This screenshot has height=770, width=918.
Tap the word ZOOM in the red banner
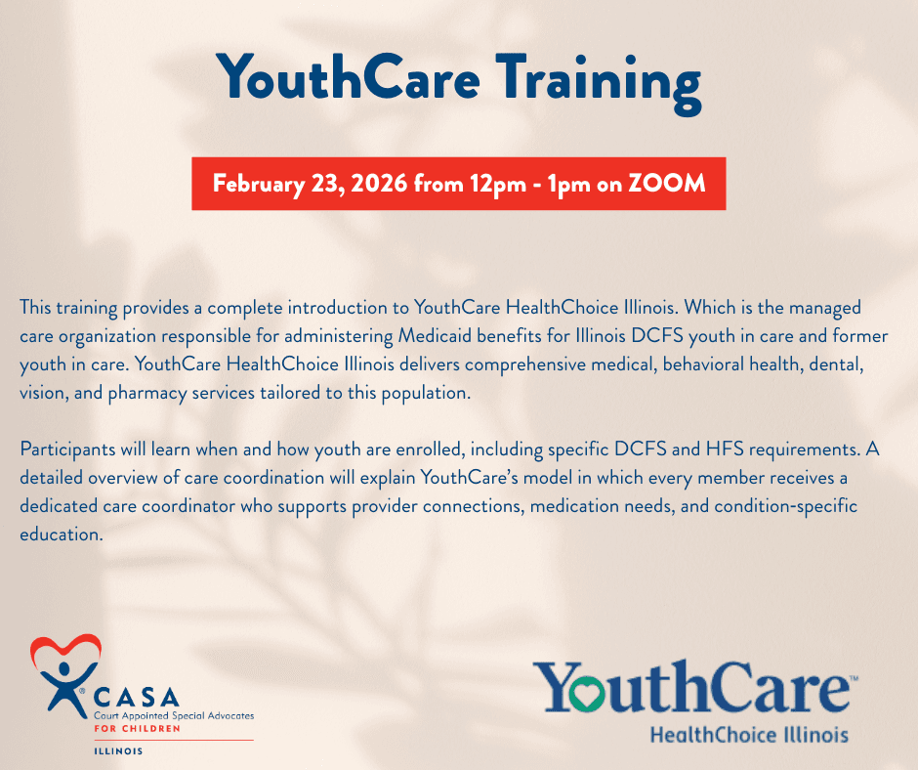pyautogui.click(x=667, y=184)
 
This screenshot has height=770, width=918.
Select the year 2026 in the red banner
pyautogui.click(x=379, y=184)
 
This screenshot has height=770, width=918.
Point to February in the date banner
pyautogui.click(x=259, y=185)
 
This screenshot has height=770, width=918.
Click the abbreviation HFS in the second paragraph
pyautogui.click(x=725, y=449)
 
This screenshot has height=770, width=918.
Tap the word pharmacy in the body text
pyautogui.click(x=146, y=393)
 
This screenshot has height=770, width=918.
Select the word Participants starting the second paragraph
pyautogui.click(x=67, y=449)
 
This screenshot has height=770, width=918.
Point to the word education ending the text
pyautogui.click(x=62, y=535)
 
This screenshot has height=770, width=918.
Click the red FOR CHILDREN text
pyautogui.click(x=137, y=728)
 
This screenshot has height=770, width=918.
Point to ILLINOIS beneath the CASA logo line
pyautogui.click(x=118, y=751)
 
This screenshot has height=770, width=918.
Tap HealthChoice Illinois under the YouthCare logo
pyautogui.click(x=749, y=734)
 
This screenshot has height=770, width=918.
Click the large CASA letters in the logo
pyautogui.click(x=137, y=698)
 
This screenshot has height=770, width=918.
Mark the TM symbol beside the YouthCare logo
pyautogui.click(x=854, y=678)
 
